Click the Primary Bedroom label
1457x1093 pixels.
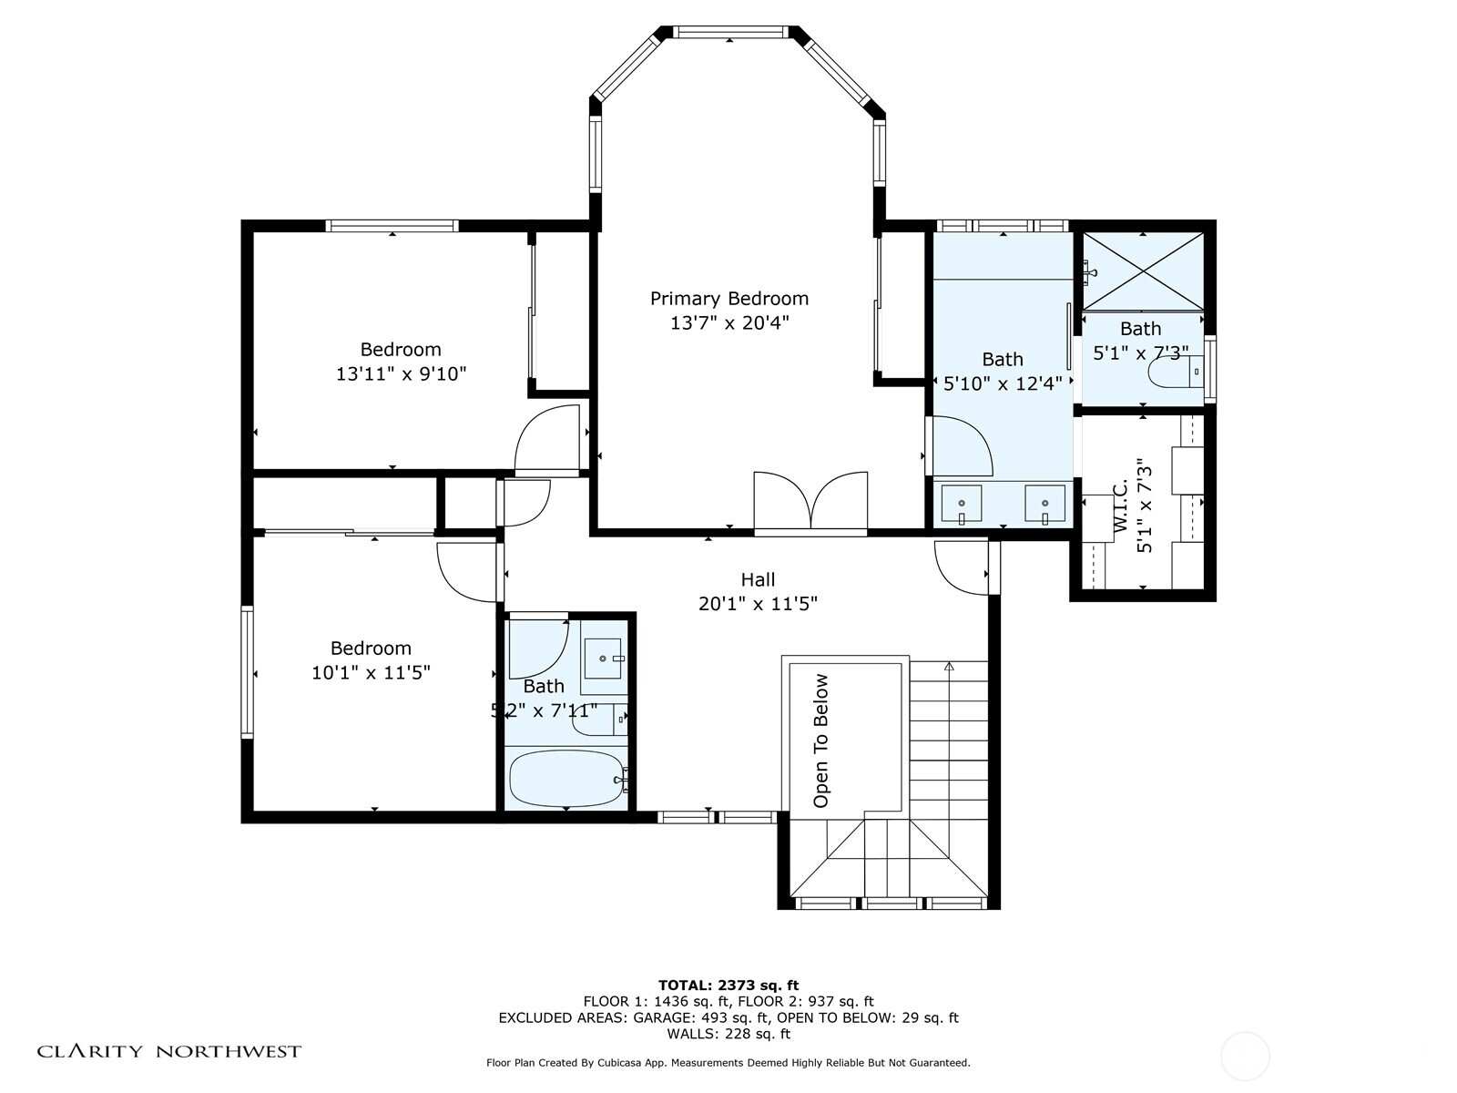click(728, 299)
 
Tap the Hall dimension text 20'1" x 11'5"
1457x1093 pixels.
click(758, 604)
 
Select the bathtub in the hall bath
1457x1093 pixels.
click(567, 779)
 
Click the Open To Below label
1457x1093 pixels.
click(821, 741)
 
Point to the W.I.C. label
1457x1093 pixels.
click(1120, 505)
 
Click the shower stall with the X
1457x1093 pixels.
click(1142, 271)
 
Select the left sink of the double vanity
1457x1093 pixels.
click(961, 504)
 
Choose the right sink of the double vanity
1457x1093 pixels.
click(1044, 504)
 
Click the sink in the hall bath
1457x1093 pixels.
click(603, 658)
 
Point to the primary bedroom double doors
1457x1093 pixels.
click(810, 503)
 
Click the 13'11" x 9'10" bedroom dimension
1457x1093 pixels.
click(401, 374)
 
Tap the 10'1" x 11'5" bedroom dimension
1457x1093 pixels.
click(371, 673)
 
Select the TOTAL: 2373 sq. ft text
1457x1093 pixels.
click(728, 985)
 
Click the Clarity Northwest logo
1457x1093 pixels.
click(168, 1051)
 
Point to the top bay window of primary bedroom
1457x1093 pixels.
click(731, 32)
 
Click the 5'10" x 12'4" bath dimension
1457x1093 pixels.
click(1003, 383)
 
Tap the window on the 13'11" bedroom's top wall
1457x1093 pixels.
click(392, 226)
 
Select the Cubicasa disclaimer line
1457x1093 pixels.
click(728, 1062)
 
